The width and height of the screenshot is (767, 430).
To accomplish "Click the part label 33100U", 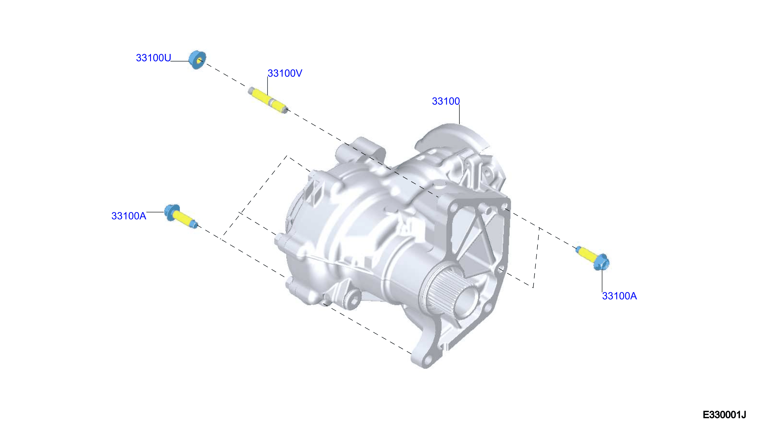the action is [153, 58].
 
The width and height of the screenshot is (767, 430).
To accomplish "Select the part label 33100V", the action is [285, 73].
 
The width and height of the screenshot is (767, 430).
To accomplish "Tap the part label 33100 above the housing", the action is [446, 101].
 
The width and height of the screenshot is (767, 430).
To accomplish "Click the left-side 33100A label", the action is [129, 216].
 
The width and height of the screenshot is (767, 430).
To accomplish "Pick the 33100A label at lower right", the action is [619, 296].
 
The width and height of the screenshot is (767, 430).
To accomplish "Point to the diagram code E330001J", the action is [724, 415].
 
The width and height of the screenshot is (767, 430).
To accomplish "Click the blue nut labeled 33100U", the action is [197, 60].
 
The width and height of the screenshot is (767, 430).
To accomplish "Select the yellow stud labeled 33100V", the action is [268, 100].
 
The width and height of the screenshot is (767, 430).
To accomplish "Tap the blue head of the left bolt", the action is [172, 212].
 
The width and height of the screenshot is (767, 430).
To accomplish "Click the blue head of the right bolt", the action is [601, 262].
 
